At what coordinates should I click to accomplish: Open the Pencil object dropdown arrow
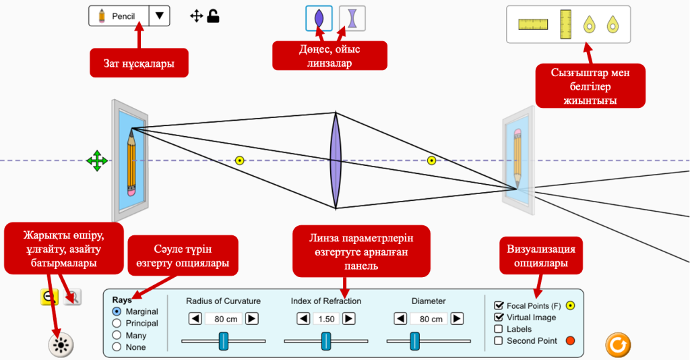158,16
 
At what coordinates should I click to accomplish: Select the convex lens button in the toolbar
319,18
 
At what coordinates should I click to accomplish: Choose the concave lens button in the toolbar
352,18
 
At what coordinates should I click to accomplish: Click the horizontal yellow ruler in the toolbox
530,24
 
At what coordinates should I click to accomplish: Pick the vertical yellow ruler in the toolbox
565,24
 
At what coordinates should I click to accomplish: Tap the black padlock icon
213,16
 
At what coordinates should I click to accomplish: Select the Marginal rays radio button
117,311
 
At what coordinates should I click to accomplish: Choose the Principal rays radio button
117,323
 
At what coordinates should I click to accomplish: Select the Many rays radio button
117,335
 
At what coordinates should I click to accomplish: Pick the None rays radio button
117,347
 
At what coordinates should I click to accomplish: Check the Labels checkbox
499,329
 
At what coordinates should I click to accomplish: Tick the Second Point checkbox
499,340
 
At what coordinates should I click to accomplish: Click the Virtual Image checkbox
499,317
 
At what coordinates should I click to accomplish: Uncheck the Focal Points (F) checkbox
499,305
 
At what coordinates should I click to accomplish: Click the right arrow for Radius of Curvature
252,318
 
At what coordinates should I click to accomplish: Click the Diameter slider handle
415,340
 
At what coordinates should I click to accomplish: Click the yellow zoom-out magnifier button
49,297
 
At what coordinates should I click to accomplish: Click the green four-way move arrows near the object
97,160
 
